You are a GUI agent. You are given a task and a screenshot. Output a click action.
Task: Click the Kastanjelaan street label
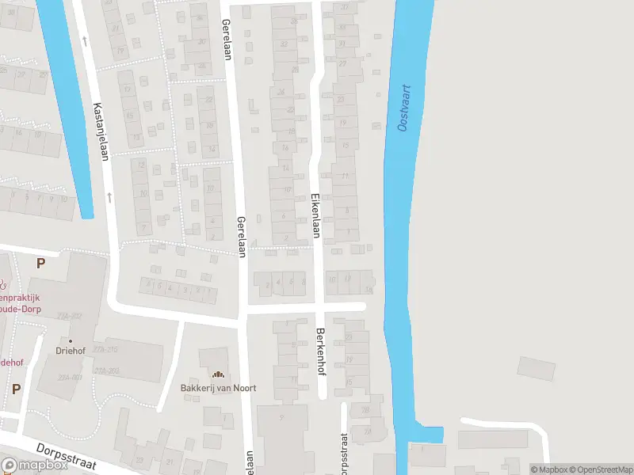point(101,131)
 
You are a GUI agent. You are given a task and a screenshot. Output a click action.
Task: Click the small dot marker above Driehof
point(70,341)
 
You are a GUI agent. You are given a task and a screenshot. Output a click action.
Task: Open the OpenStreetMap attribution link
point(598,469)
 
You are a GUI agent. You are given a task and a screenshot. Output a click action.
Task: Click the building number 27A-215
point(105,350)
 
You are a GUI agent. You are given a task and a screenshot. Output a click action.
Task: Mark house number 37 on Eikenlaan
point(344,8)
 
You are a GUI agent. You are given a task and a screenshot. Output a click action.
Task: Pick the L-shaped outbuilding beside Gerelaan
point(253,106)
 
